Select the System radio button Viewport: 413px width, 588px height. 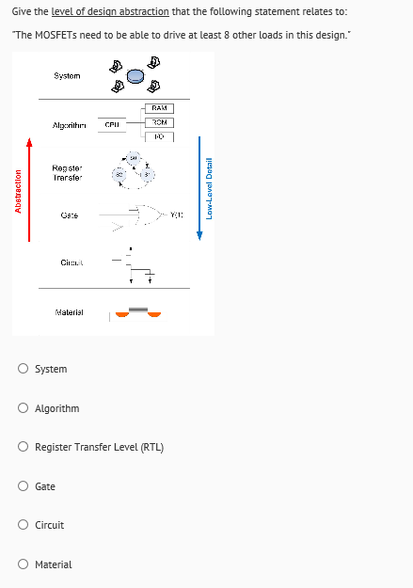[23, 369]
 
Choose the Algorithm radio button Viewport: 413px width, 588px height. [23, 408]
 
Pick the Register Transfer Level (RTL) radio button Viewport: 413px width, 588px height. [23, 447]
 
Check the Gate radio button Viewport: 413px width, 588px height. [23, 486]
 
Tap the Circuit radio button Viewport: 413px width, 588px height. [23, 525]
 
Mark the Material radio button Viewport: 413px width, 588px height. [23, 564]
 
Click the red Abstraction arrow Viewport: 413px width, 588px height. [29, 188]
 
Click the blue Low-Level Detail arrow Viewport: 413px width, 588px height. [199, 188]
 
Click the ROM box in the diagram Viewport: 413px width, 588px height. [159, 122]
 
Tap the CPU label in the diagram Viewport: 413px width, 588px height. [111, 123]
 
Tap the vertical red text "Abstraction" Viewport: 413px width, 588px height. [18, 216]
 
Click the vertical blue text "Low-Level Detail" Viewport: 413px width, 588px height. [210, 189]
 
